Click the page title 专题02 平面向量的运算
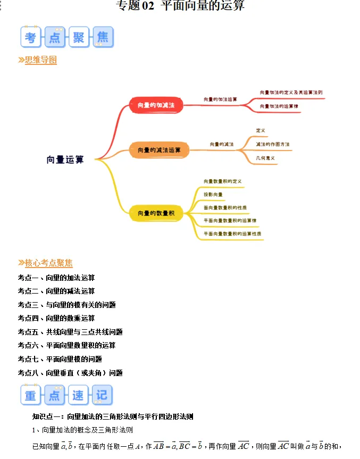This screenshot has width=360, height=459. pyautogui.click(x=180, y=6)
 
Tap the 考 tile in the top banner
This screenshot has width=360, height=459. pyautogui.click(x=30, y=37)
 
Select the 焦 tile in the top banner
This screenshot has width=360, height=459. pyautogui.click(x=102, y=37)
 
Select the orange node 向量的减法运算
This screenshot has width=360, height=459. pyautogui.click(x=159, y=151)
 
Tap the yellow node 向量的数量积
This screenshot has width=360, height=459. pyautogui.click(x=156, y=213)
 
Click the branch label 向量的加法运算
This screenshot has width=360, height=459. pyautogui.click(x=220, y=99)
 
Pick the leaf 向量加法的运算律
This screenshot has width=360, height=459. pyautogui.click(x=279, y=106)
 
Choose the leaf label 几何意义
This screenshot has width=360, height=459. pyautogui.click(x=265, y=158)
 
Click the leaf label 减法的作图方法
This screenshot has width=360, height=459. pyautogui.click(x=272, y=144)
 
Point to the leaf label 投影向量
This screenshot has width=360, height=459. pyautogui.click(x=213, y=195)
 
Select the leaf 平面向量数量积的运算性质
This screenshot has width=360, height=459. pyautogui.click(x=232, y=233)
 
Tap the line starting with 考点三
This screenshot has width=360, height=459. pyautogui.click(x=66, y=305)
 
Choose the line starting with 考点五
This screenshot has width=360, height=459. pyautogui.click(x=70, y=332)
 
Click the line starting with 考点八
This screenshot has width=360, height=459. pyautogui.click(x=70, y=373)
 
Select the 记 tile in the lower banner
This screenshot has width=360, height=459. pyautogui.click(x=102, y=395)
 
